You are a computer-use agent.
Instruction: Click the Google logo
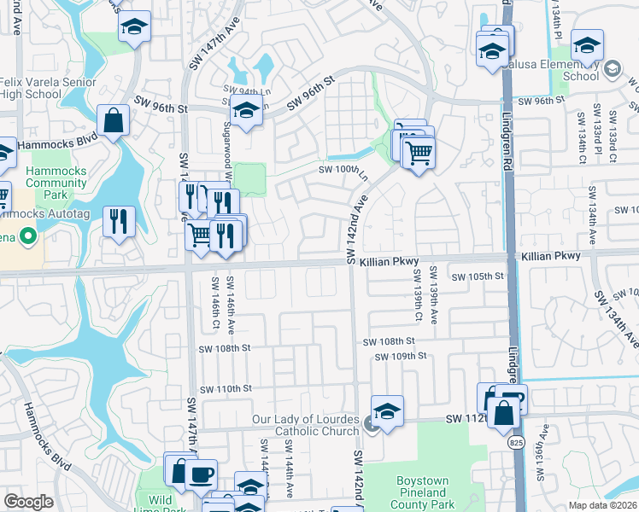point(28,502)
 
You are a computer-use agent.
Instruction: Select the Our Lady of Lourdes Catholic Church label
point(306,425)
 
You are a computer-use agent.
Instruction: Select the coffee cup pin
point(201,474)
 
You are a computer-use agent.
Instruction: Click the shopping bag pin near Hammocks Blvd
point(114,121)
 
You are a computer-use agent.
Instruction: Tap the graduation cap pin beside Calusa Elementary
point(587,44)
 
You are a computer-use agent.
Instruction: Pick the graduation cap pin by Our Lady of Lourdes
point(387,412)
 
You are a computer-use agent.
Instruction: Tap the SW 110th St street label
point(226,389)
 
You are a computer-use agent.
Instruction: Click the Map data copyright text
point(602,505)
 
